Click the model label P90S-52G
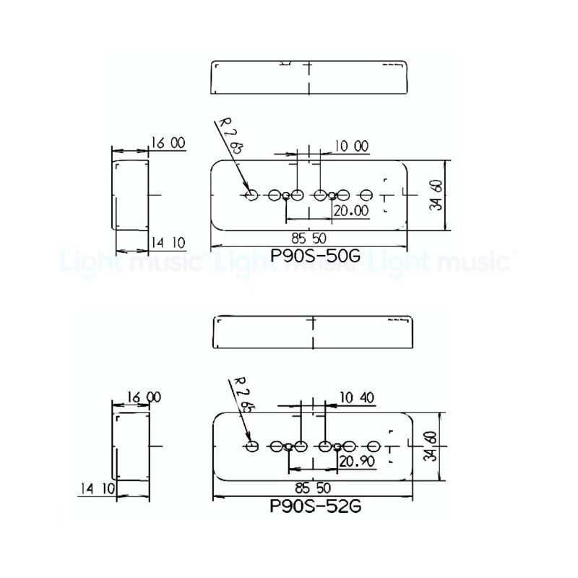(314, 506)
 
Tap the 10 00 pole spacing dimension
(351, 146)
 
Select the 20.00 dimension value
(350, 210)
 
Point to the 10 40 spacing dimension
(355, 397)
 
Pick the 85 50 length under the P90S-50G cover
(309, 237)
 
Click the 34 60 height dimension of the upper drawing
(435, 194)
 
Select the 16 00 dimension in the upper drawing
(168, 144)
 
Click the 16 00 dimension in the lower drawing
(144, 397)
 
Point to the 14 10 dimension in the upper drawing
(168, 242)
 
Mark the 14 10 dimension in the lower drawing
(98, 488)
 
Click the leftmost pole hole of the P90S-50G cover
(252, 195)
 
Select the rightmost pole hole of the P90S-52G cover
(374, 447)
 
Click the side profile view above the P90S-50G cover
(309, 76)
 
